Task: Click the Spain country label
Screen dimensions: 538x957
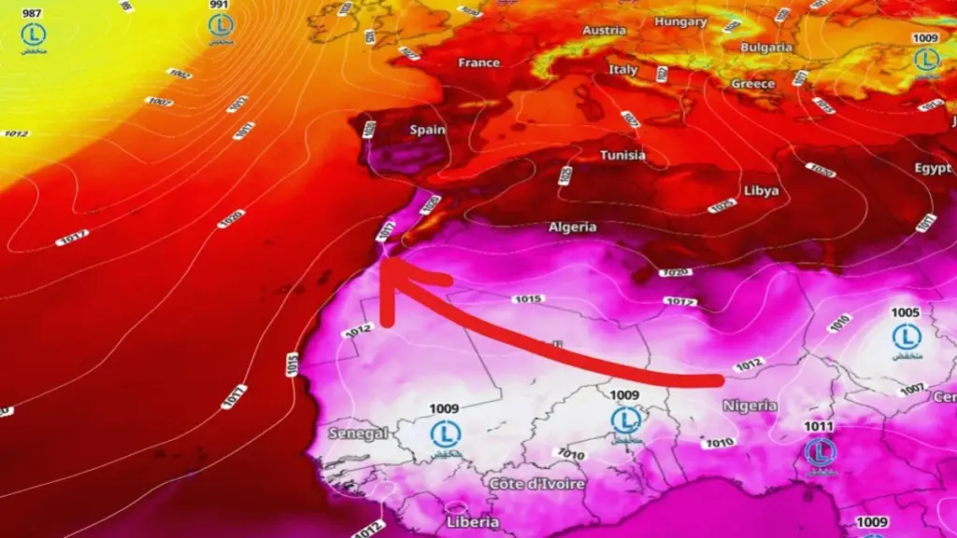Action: point(427,130)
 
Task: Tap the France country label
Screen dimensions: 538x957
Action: point(479,63)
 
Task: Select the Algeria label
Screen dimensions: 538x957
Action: point(572,227)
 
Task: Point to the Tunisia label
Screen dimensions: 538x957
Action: point(622,155)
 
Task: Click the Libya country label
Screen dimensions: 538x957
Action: point(761,191)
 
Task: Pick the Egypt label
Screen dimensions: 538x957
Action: point(933,169)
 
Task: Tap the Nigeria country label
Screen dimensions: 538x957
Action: point(750,405)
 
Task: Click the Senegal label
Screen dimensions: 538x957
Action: point(358,433)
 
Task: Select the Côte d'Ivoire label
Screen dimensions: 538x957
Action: point(537,484)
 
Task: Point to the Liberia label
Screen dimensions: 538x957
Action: point(472,521)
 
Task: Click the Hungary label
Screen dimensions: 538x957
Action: point(680,21)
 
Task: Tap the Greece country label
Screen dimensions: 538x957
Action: point(752,84)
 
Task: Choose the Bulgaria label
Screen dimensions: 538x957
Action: point(766,48)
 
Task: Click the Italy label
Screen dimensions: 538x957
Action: point(623,70)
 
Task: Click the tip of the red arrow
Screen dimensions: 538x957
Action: point(386,263)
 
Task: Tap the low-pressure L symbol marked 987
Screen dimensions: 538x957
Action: point(34,35)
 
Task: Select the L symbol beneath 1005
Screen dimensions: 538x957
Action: point(906,336)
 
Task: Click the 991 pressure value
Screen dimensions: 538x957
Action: point(220,5)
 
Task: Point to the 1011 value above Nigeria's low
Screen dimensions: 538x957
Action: point(819,427)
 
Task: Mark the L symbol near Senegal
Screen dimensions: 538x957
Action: point(445,432)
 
